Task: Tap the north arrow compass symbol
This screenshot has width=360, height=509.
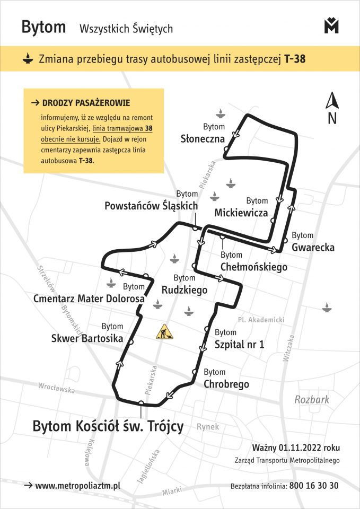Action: point(332,108)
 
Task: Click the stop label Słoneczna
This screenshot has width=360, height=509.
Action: point(203,139)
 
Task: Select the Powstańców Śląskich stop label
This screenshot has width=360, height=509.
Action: point(151,206)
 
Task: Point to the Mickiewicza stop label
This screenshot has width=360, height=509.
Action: point(241,213)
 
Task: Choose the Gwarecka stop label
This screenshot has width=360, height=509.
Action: point(313,247)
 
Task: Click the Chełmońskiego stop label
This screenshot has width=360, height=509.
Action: point(254,267)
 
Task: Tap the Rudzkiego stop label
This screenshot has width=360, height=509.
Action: point(185,290)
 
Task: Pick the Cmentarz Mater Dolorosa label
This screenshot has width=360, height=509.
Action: point(89,299)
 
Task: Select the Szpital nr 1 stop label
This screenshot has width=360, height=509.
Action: point(239,345)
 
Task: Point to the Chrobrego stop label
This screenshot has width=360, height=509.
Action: point(226,384)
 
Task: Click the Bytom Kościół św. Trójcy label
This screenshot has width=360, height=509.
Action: point(108,426)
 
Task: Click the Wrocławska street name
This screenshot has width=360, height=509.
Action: point(57,389)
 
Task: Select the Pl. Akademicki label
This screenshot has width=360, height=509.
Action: point(261,320)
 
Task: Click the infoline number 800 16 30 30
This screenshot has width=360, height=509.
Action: point(314,486)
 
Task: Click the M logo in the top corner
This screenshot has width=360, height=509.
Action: point(331,25)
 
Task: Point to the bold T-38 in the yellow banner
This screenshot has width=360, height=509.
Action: point(295,59)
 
